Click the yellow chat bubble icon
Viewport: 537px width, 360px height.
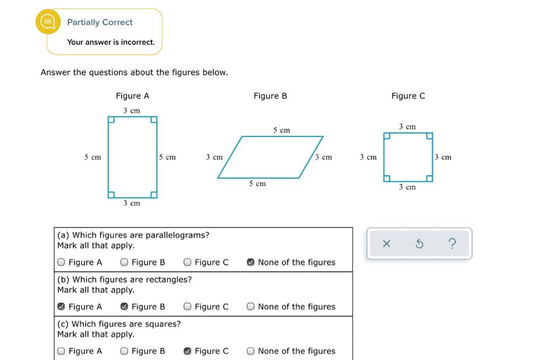click(x=48, y=21)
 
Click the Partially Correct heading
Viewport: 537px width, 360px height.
click(x=100, y=22)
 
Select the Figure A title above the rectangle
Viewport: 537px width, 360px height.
click(x=132, y=96)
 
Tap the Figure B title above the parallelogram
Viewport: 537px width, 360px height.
click(x=270, y=96)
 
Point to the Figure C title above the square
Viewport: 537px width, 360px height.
click(x=408, y=96)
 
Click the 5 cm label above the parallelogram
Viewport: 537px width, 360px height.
click(x=281, y=130)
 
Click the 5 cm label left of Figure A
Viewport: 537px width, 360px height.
click(x=93, y=157)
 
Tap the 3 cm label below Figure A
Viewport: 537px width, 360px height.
click(x=132, y=203)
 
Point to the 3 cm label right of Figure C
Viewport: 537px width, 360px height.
click(x=443, y=157)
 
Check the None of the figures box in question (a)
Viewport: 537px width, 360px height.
click(x=251, y=263)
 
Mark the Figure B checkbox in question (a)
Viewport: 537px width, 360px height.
click(x=124, y=263)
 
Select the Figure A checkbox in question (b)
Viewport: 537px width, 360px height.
click(x=61, y=307)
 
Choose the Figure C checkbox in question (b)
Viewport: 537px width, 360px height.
click(x=188, y=307)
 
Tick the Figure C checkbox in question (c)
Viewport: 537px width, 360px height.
click(x=188, y=351)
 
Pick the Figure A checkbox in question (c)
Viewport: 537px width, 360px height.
click(x=61, y=351)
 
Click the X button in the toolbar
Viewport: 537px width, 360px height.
click(x=387, y=244)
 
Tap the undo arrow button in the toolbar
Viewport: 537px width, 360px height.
click(x=419, y=244)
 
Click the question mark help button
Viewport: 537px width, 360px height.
click(x=452, y=244)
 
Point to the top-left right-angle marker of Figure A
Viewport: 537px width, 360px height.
click(x=111, y=120)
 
